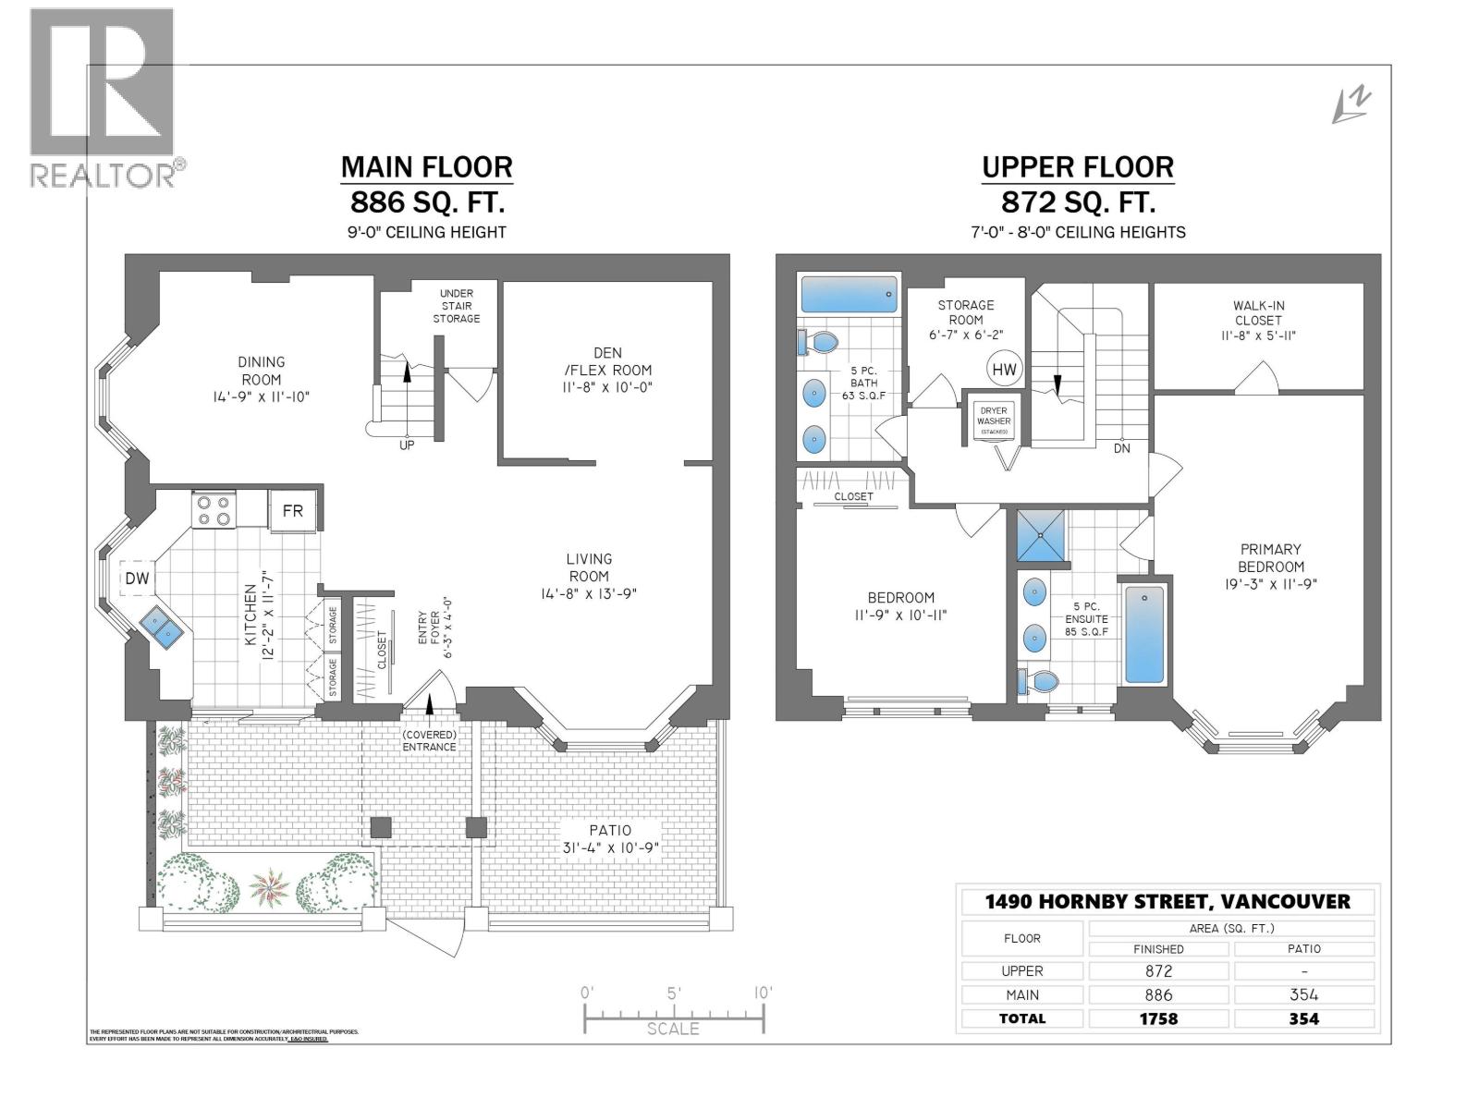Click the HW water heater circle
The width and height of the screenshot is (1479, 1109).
(1004, 370)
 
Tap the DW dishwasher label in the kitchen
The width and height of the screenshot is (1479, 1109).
(137, 579)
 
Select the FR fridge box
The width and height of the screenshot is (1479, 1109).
(293, 511)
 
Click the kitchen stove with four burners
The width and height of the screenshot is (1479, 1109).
(214, 511)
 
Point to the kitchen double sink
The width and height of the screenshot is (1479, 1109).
(163, 628)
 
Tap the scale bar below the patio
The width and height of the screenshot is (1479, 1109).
(674, 1017)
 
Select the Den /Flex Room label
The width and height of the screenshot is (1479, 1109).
(608, 370)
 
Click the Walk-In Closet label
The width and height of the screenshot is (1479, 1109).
(1258, 320)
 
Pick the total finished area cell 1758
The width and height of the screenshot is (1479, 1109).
(1158, 1018)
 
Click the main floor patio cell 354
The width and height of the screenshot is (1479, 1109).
(1303, 995)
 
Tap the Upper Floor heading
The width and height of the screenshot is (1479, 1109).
(1078, 167)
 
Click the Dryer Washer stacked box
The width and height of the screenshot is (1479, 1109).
(994, 420)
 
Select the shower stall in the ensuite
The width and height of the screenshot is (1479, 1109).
(1041, 536)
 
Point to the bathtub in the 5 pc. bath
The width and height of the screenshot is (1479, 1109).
(849, 295)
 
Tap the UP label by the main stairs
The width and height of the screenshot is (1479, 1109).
(407, 445)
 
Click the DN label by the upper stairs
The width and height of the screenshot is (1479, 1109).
(1121, 448)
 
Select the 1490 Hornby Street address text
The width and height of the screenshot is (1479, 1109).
(1167, 901)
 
